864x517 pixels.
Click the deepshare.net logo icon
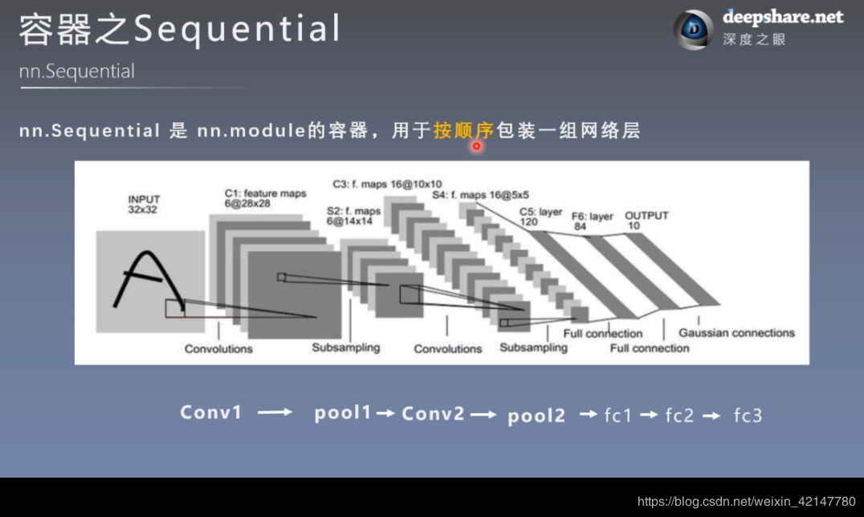tap(692, 30)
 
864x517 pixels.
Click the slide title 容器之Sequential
tap(179, 31)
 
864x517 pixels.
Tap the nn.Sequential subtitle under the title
tap(77, 72)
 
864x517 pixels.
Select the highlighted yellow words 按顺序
tap(463, 129)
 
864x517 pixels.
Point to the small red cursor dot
tap(476, 146)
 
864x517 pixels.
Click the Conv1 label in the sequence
tap(210, 412)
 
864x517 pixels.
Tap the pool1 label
tap(343, 413)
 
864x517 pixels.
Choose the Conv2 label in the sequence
tap(433, 413)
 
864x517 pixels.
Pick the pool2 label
tap(536, 415)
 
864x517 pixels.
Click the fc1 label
tap(618, 415)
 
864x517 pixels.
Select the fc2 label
tap(679, 415)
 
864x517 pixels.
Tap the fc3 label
tap(748, 415)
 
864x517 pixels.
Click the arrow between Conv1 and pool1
tap(275, 412)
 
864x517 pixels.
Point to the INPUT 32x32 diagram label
tap(144, 204)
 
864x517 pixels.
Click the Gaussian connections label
tap(736, 333)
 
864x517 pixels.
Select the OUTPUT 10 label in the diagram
tap(646, 220)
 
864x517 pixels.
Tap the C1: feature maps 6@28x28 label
tap(265, 199)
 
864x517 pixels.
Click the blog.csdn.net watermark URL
tap(746, 502)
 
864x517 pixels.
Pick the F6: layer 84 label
tap(592, 222)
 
